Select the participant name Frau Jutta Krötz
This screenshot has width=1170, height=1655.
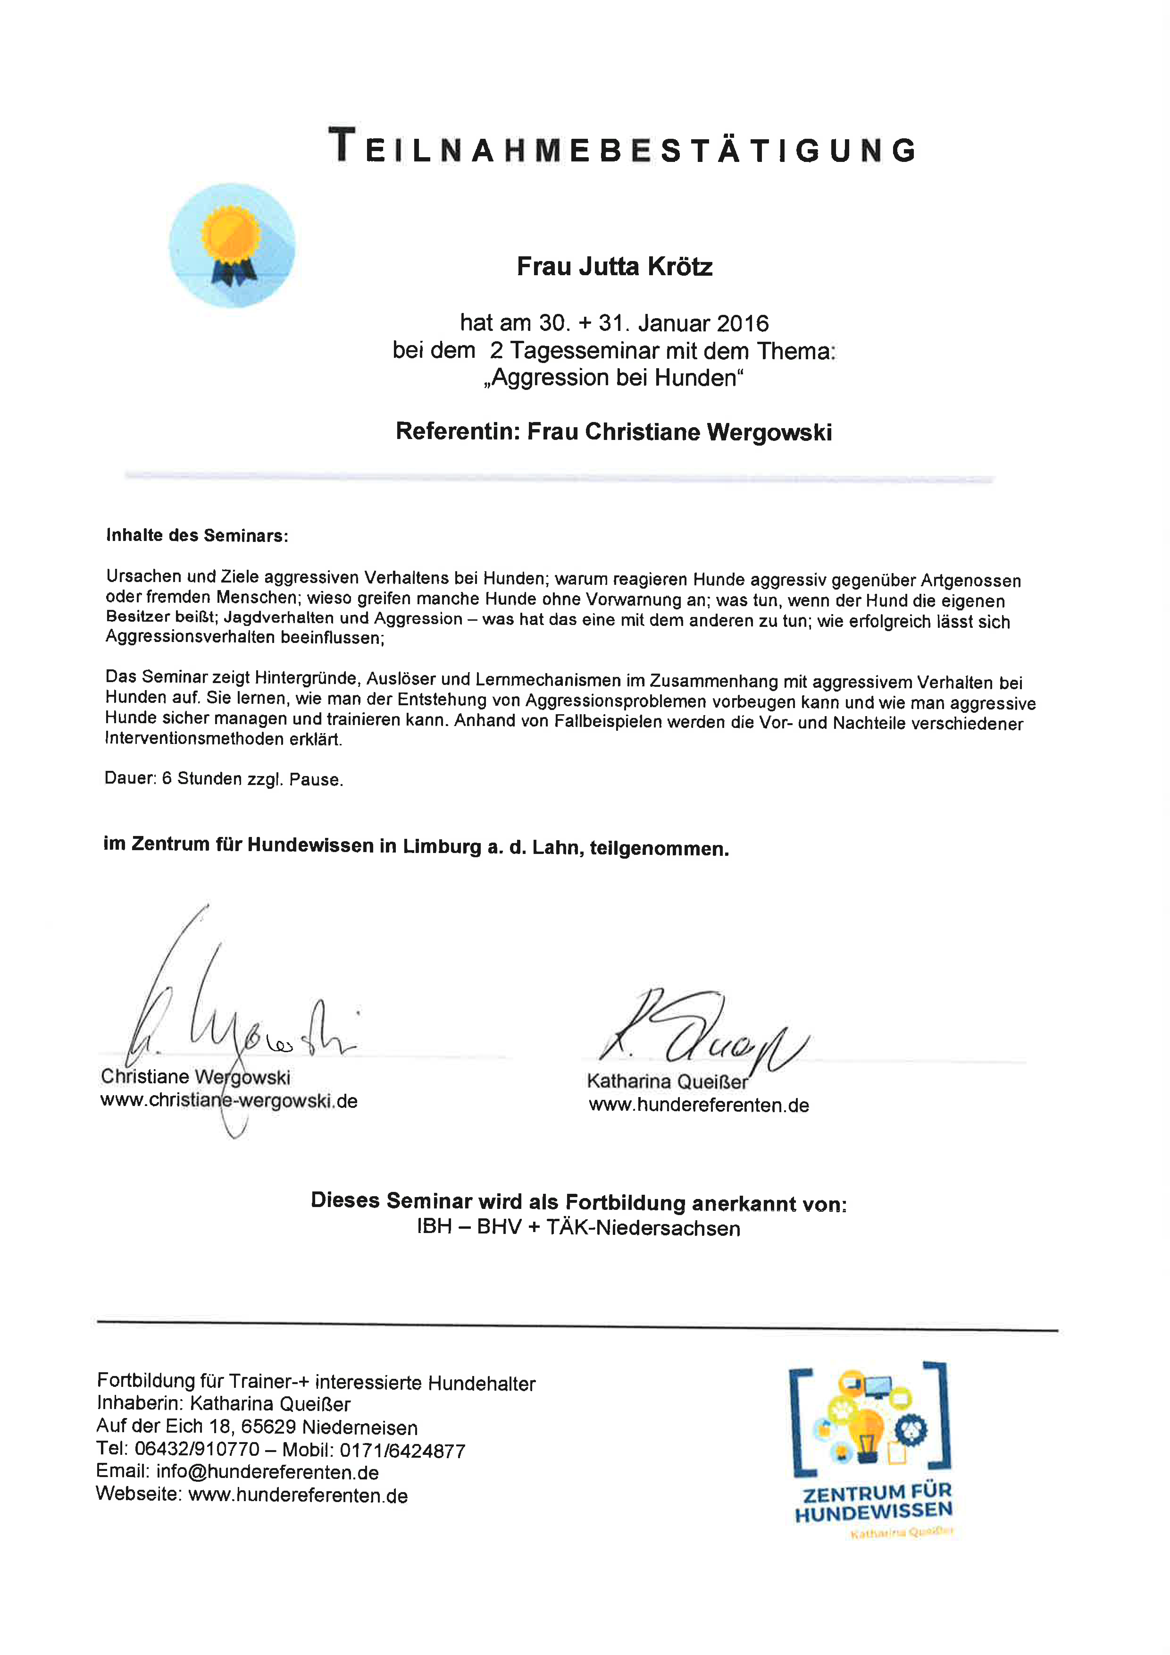(x=614, y=267)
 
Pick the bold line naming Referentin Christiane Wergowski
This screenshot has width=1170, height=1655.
(x=614, y=432)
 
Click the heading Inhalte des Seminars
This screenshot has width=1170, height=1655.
(x=197, y=536)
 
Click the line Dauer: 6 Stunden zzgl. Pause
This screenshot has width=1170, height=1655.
(x=223, y=778)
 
